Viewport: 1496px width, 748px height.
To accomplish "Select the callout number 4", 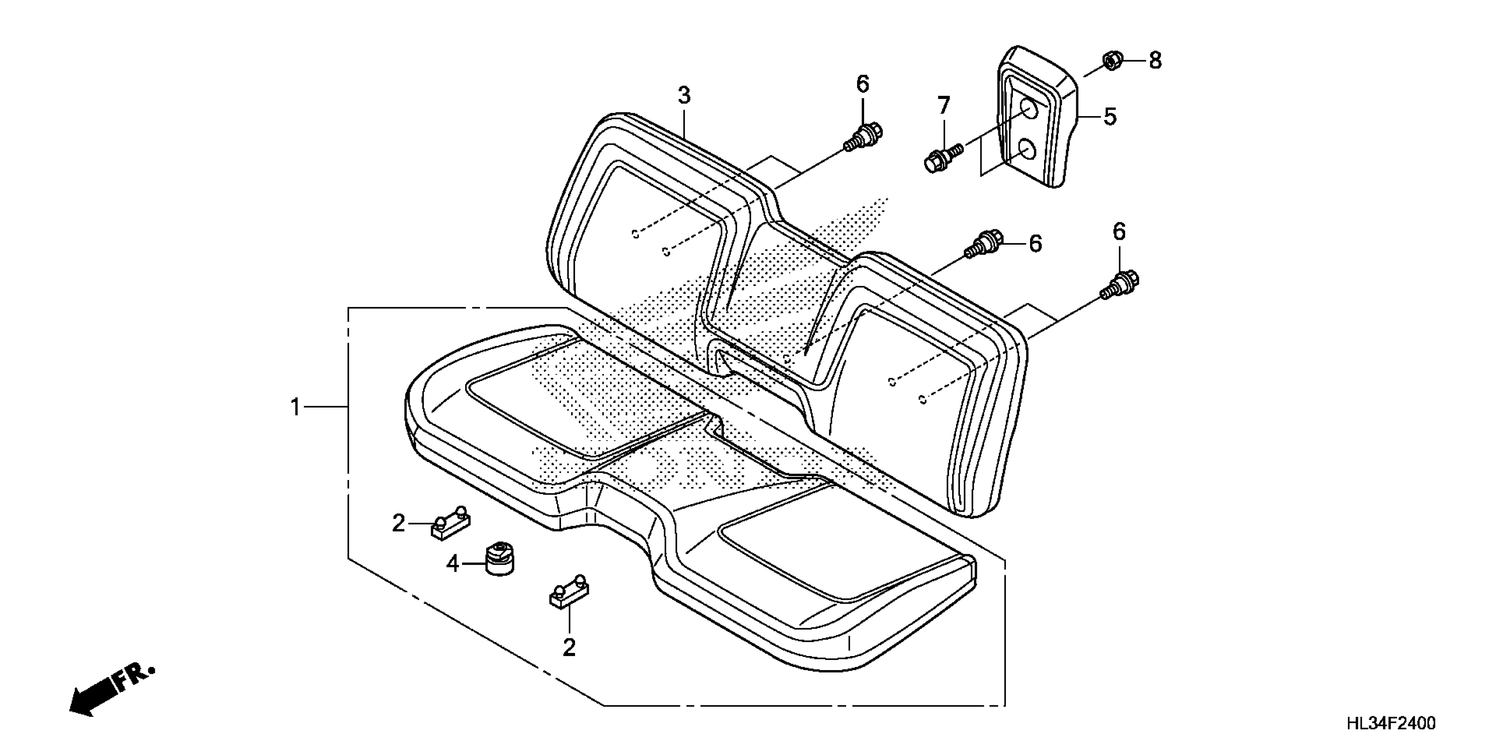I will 453,563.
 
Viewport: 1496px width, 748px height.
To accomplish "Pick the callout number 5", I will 1110,117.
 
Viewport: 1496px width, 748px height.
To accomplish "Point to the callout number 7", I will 944,106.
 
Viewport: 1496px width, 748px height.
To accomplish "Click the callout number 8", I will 1155,60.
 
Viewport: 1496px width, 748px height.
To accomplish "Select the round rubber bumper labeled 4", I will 499,559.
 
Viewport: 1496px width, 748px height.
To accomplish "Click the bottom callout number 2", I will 569,647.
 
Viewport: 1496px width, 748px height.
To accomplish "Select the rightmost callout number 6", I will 1119,232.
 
